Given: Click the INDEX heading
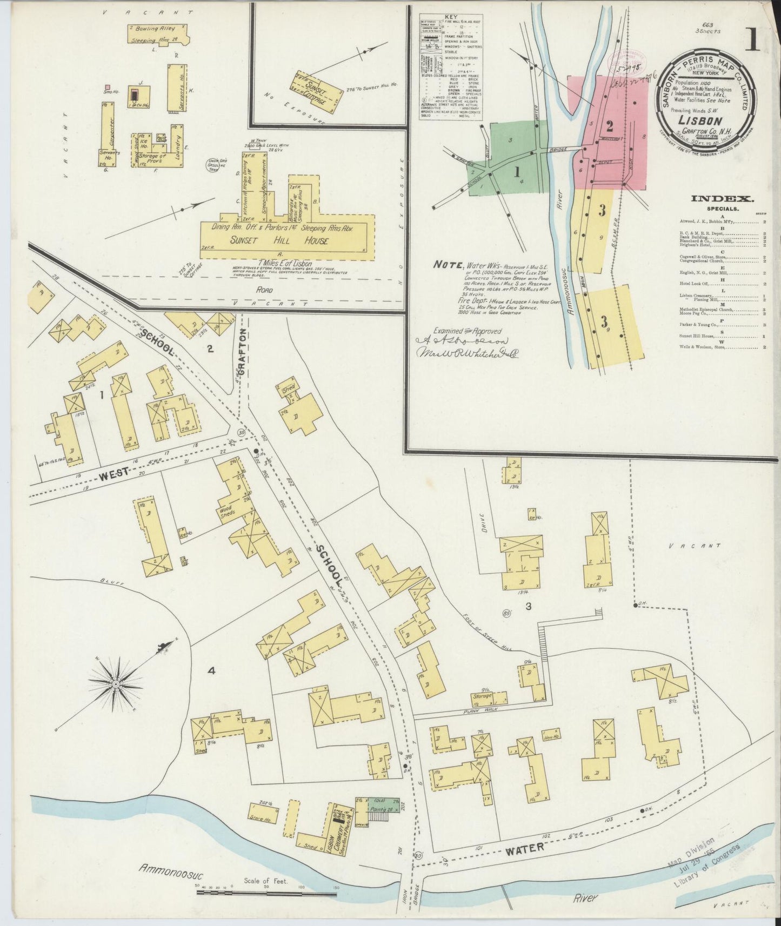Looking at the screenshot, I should click(x=714, y=199).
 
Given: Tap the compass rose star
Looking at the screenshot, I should click(x=116, y=683).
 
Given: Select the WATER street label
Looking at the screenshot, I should click(x=524, y=849).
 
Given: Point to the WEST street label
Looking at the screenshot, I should click(x=115, y=472).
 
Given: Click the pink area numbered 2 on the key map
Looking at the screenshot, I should click(x=610, y=128).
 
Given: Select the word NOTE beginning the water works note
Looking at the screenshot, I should click(x=448, y=265).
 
